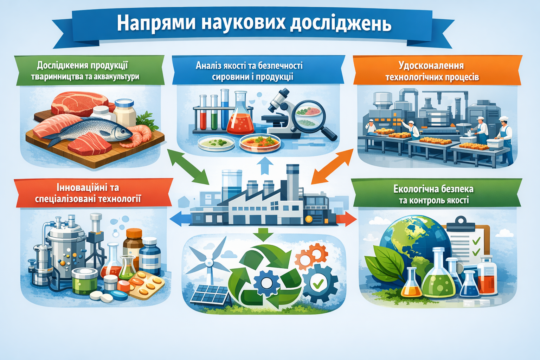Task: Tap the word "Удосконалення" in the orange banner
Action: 431,65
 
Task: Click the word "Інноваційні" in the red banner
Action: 81,187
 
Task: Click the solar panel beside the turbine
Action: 209,295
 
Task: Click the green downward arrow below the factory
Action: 263,234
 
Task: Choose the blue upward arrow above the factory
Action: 265,166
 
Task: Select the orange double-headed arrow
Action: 332,166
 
